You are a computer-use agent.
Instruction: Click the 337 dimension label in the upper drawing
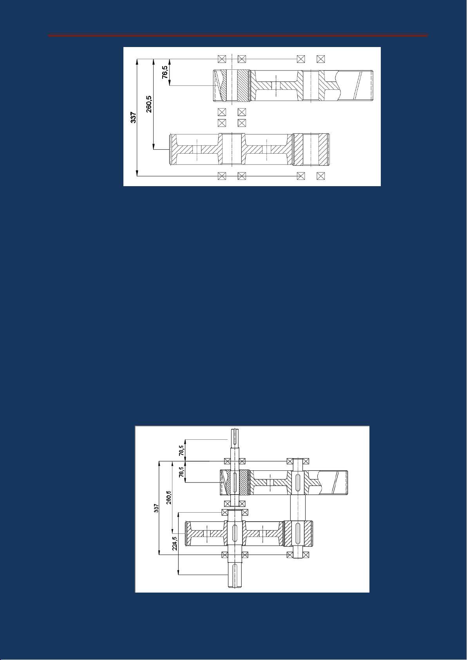(133, 117)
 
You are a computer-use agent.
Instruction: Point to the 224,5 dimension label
(175, 543)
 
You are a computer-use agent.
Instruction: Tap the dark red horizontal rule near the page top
(238, 36)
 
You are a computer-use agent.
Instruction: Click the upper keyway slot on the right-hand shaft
(298, 480)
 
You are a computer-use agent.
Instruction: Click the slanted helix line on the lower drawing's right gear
(336, 482)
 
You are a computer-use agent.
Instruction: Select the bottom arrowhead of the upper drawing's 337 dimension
(137, 174)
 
